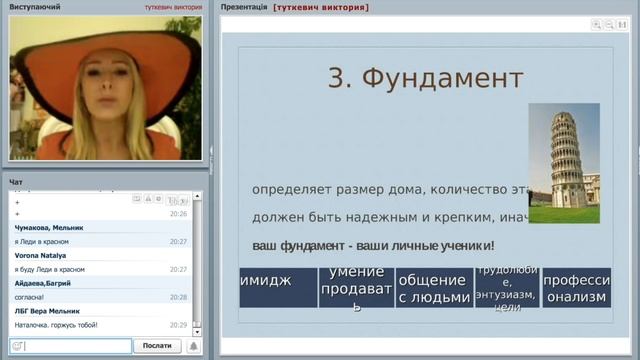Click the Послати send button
click(x=157, y=346)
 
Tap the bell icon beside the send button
click(x=194, y=346)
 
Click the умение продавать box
click(x=355, y=288)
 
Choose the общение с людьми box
click(x=433, y=288)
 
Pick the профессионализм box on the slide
click(x=576, y=288)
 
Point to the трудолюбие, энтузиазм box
click(x=506, y=288)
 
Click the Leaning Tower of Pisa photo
click(x=563, y=163)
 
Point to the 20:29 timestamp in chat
click(x=178, y=326)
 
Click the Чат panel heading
click(x=15, y=182)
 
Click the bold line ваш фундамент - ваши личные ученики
click(x=373, y=245)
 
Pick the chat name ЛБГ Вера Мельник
click(x=48, y=312)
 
